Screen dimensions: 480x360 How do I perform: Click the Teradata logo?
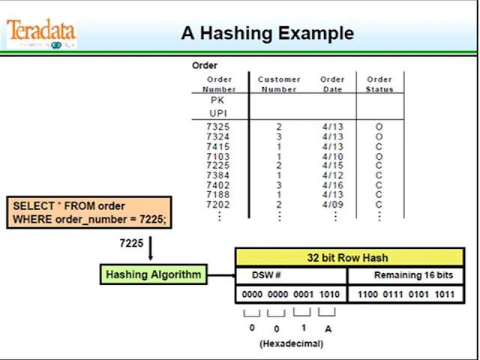tap(41, 34)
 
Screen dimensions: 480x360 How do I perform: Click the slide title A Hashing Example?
tap(267, 33)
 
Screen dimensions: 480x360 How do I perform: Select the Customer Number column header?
tap(278, 84)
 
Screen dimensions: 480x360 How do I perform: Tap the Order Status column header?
tap(379, 84)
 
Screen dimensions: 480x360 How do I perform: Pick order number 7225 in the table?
tap(217, 166)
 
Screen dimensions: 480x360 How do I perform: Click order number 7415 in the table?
tap(217, 146)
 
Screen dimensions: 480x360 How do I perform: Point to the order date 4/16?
tap(332, 185)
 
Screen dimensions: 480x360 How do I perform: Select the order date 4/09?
tap(332, 205)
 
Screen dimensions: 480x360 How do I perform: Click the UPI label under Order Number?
tap(217, 113)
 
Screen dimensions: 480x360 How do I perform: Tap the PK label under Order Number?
tap(217, 100)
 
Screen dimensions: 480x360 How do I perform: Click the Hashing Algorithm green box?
tap(153, 274)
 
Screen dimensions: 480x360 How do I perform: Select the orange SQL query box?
tap(89, 212)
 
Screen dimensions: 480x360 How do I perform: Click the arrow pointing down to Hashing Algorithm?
tap(150, 249)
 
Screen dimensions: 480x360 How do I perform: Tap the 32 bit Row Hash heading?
tap(346, 257)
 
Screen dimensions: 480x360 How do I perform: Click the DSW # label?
tap(266, 275)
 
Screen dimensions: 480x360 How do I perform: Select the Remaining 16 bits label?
tap(413, 275)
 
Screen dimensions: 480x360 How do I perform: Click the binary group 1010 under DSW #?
tap(328, 295)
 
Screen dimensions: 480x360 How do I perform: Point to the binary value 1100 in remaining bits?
tap(367, 295)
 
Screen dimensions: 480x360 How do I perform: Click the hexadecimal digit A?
tap(328, 328)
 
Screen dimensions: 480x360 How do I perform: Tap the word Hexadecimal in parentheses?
tap(291, 343)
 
